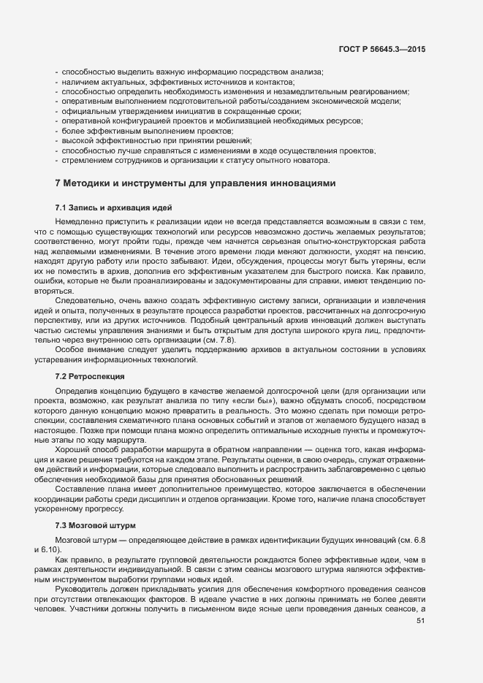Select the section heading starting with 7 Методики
click(x=195, y=183)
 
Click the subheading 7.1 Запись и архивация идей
click(x=104, y=209)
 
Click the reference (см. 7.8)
click(x=221, y=340)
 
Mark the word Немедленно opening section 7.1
click(x=80, y=221)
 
